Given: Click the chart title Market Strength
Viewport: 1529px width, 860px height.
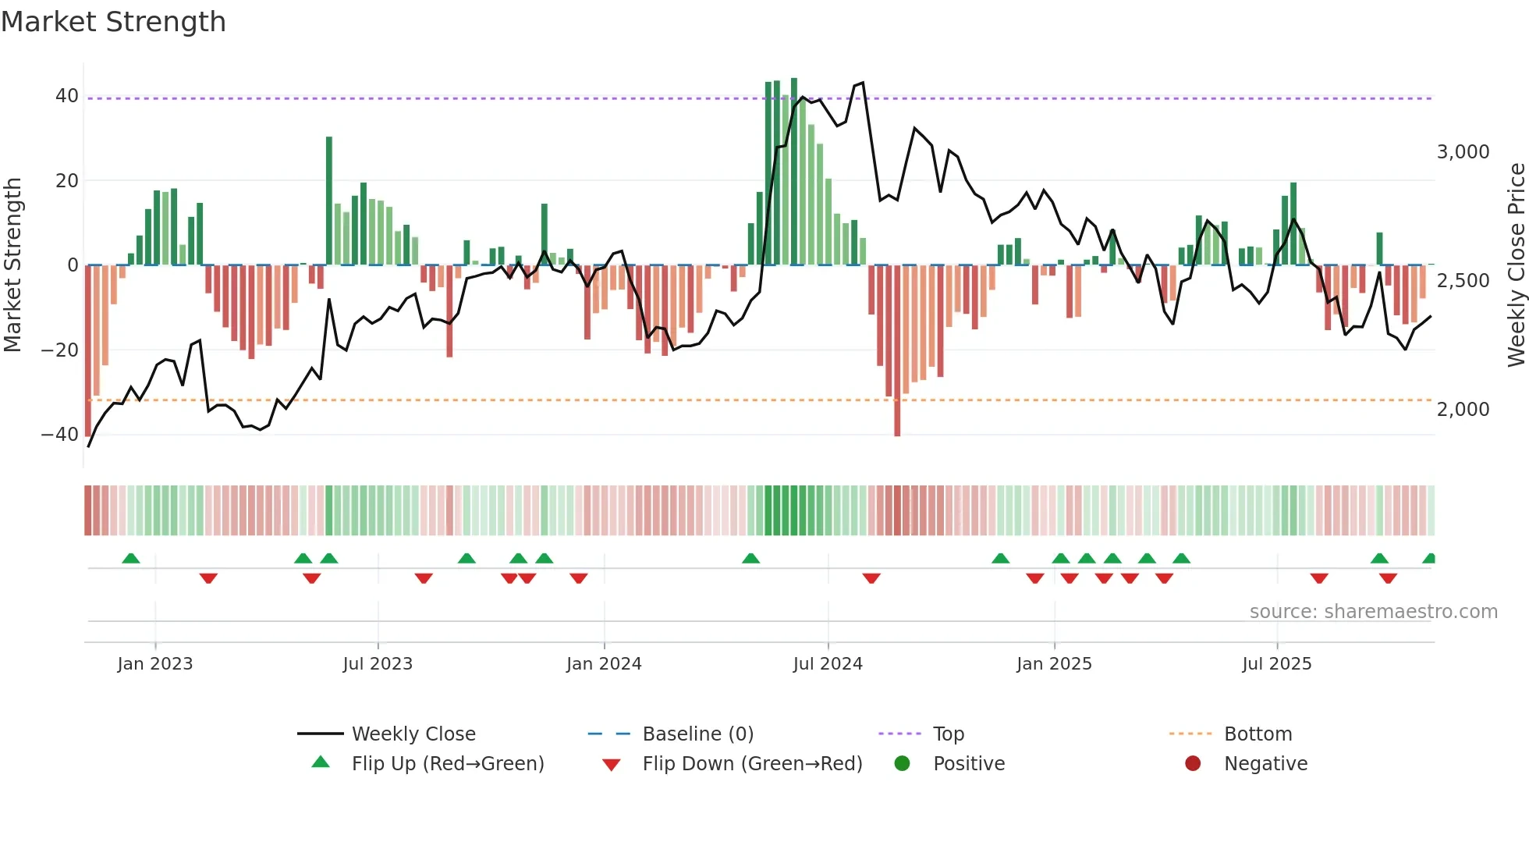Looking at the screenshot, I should click(x=113, y=22).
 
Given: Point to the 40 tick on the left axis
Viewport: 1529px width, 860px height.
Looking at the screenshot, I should click(x=67, y=96).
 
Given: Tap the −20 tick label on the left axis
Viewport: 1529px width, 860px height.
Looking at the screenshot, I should click(x=60, y=350).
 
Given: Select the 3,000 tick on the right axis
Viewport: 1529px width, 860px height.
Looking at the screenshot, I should click(x=1463, y=152).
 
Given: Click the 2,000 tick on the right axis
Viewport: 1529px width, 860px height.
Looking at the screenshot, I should click(x=1463, y=410).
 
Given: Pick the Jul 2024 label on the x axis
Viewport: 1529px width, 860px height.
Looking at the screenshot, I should click(x=828, y=664).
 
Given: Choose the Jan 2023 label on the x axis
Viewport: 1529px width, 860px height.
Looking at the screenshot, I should click(x=154, y=664).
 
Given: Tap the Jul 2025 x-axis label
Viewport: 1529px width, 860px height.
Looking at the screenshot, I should click(x=1276, y=664).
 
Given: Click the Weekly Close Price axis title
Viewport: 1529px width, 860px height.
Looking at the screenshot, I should click(x=1516, y=265).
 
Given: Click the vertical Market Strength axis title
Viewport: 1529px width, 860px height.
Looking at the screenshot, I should click(x=13, y=265).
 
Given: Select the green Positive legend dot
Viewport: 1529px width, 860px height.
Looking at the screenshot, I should click(x=903, y=764).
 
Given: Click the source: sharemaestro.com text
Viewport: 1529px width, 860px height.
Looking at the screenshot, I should click(x=1373, y=612).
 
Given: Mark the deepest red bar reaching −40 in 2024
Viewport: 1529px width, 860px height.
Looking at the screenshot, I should click(x=897, y=351).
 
